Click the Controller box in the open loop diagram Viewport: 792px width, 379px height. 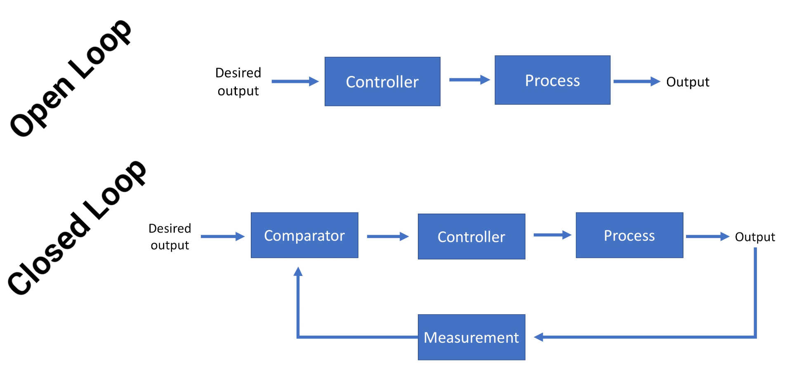pos(382,82)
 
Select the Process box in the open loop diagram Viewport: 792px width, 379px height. pos(552,80)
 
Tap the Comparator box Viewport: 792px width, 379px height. pos(304,235)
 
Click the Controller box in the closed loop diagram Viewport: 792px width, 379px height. pos(471,237)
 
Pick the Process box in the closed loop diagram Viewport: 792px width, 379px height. pos(629,235)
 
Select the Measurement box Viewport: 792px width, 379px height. pos(471,337)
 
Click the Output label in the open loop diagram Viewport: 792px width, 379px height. pos(688,82)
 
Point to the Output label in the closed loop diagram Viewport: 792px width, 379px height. pos(755,237)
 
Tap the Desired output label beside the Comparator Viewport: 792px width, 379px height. pos(170,237)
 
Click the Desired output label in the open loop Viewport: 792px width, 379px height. pos(238,82)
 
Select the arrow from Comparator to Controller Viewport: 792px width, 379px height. pos(387,236)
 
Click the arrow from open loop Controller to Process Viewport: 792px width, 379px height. pos(469,80)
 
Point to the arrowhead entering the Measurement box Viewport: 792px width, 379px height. pos(539,337)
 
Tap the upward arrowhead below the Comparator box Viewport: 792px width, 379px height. pos(298,271)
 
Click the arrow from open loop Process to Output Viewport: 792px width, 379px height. pos(636,81)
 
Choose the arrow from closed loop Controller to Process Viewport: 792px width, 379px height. pos(552,235)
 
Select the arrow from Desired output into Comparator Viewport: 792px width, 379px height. pos(222,236)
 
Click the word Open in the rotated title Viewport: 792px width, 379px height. pos(41,107)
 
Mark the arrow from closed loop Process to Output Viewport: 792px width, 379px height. pos(707,236)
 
